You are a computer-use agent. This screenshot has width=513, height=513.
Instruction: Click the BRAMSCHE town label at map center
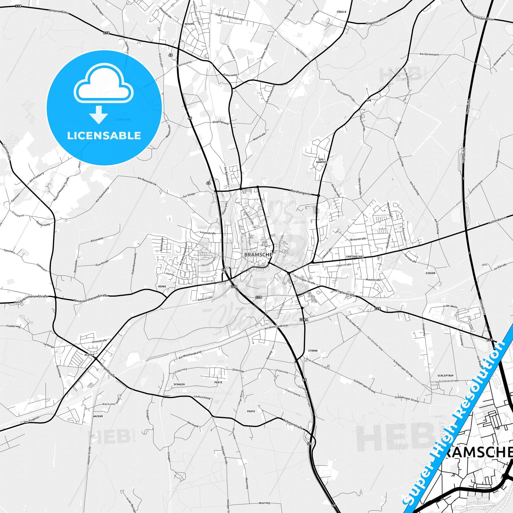point(258,255)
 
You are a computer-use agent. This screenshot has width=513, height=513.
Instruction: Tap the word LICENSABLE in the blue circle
point(104,136)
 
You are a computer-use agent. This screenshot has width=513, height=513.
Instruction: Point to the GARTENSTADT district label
point(355,256)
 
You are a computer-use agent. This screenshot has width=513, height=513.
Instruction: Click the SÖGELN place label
point(341,12)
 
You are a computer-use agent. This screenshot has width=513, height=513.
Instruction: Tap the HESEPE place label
point(189,24)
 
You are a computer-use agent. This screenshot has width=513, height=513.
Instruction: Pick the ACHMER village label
point(89,355)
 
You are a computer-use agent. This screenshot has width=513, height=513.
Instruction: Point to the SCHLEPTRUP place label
point(446,375)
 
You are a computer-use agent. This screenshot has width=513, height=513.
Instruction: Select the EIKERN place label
point(430,273)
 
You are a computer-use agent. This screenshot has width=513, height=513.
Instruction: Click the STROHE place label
point(313,350)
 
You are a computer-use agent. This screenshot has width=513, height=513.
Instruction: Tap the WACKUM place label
point(98,416)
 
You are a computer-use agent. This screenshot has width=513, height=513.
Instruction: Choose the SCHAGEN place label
point(179,384)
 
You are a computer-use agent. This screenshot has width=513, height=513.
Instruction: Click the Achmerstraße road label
point(294,424)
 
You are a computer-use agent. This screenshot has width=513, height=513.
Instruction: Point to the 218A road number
point(304,320)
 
